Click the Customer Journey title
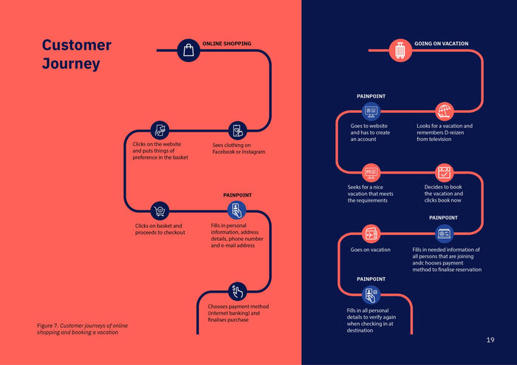(x=77, y=54)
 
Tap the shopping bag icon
(x=188, y=50)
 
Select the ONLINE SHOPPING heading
(x=227, y=44)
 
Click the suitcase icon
(x=400, y=50)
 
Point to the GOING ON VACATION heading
(x=441, y=44)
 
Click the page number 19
(x=490, y=340)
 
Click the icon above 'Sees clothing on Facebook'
(x=236, y=131)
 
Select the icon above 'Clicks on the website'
(x=160, y=131)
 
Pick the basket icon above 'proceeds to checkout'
(x=160, y=211)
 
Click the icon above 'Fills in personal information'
(x=236, y=210)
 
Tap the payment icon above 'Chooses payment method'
(x=236, y=290)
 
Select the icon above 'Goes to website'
(x=370, y=112)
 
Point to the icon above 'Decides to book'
(x=444, y=173)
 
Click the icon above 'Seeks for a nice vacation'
(x=371, y=173)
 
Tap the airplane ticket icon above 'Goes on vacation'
(x=371, y=233)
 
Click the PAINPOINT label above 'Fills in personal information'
(x=237, y=195)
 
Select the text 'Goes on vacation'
(x=370, y=250)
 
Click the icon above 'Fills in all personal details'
(x=371, y=295)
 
